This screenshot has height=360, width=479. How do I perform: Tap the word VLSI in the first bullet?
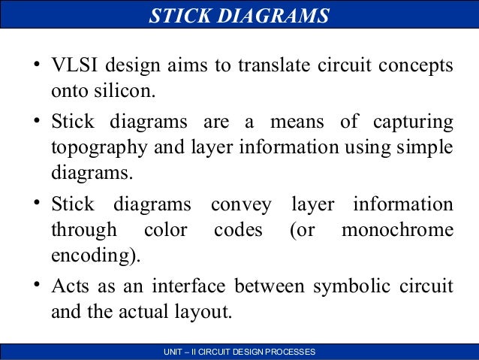[74, 65]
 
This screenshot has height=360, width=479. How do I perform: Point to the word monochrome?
[397, 228]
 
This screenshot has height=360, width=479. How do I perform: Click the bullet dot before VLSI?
[35, 66]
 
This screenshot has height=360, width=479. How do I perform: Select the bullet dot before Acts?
[35, 286]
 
